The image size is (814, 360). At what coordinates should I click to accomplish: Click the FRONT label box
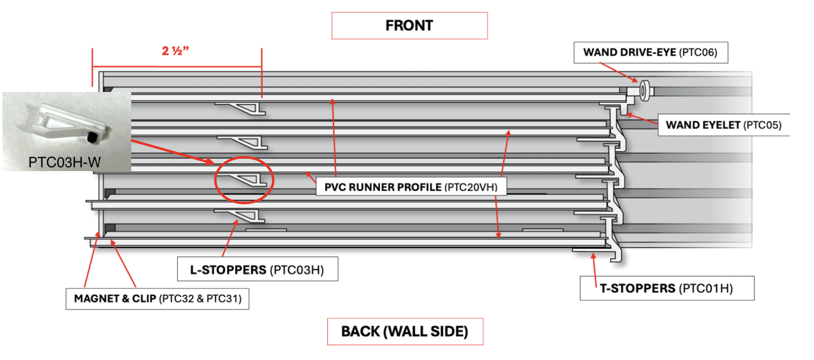[x=409, y=26]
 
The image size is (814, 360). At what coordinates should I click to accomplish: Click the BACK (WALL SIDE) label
[x=405, y=331]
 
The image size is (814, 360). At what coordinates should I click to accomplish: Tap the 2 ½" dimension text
[x=175, y=51]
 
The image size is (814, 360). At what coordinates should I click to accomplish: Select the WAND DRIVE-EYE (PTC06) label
[x=650, y=52]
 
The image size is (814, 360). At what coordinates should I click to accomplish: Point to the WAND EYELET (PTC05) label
[x=723, y=125]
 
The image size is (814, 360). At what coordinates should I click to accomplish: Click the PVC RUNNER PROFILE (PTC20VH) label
[x=410, y=187]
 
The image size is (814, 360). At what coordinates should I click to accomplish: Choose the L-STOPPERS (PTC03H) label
[x=257, y=270]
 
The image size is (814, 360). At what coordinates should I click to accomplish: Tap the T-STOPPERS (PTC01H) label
[x=666, y=288]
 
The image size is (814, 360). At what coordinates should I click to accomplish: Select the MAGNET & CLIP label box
[x=157, y=299]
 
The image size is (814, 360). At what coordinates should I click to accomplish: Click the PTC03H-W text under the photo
[x=64, y=162]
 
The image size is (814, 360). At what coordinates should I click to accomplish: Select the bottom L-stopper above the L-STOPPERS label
[x=241, y=215]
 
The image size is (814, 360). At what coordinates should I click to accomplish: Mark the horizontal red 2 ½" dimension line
[x=177, y=66]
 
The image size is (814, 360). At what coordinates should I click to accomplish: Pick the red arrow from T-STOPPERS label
[x=594, y=270]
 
